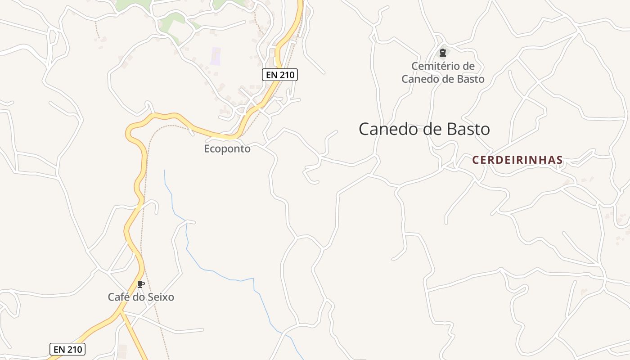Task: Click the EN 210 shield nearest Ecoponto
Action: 280,75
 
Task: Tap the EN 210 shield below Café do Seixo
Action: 67,349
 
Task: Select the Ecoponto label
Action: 227,148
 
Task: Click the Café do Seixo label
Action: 141,297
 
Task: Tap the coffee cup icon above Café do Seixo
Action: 140,284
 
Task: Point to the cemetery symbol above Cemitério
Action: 442,53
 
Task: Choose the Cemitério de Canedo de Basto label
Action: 443,73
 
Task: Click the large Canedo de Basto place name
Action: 424,129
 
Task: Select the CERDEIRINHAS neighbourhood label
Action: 517,160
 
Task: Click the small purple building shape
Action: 216,56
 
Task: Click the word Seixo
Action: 161,297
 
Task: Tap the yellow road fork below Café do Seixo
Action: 121,311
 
